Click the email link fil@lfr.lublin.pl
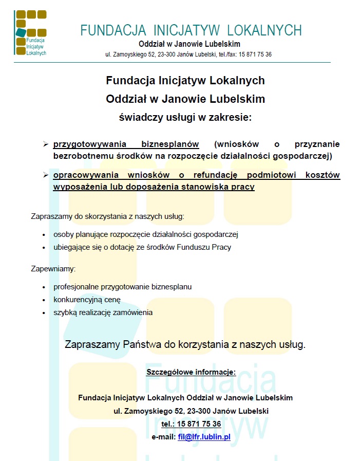click(x=204, y=437)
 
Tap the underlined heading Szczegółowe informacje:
click(x=191, y=372)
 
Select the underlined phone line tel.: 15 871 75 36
click(x=191, y=424)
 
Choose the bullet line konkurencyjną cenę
click(x=87, y=300)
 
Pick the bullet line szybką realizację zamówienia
click(x=103, y=312)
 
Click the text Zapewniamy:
click(x=53, y=268)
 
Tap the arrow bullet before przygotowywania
click(x=45, y=144)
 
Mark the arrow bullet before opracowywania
click(x=45, y=175)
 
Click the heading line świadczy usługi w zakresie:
click(x=185, y=117)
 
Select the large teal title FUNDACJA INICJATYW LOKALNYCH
click(x=191, y=30)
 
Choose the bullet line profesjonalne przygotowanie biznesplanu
click(x=122, y=287)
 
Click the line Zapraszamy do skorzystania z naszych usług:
click(x=107, y=216)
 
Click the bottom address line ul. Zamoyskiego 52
click(x=191, y=411)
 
